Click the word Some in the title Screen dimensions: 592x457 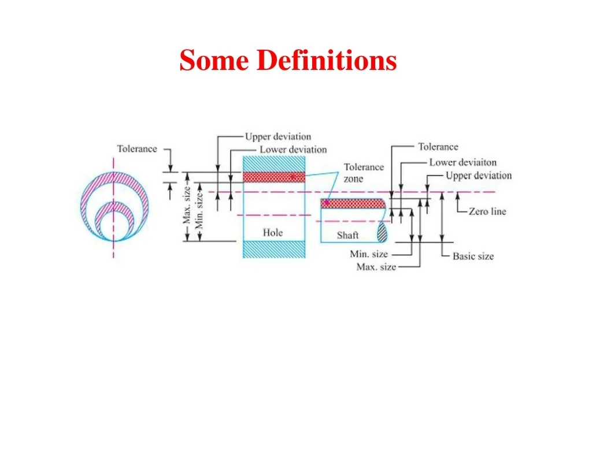[214, 60]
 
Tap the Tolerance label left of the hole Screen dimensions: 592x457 [136, 148]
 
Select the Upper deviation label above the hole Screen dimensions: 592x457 [278, 136]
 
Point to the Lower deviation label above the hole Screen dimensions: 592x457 [293, 150]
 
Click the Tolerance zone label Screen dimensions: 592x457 [364, 173]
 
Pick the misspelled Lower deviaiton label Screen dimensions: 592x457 [463, 162]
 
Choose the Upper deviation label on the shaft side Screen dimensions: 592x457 [479, 176]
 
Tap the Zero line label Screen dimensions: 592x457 [487, 211]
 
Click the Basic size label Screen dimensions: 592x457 [473, 257]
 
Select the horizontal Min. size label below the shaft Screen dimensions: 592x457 [369, 254]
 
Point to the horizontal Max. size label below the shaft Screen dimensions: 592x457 [376, 267]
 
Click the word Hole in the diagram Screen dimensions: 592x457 [273, 232]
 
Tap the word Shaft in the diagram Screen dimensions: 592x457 [347, 235]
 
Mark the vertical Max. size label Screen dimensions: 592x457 [187, 205]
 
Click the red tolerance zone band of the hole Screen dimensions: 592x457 [273, 177]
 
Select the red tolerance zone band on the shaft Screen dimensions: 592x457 [353, 203]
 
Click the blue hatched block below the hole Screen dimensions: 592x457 [273, 250]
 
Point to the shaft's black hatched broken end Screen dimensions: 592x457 [383, 232]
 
